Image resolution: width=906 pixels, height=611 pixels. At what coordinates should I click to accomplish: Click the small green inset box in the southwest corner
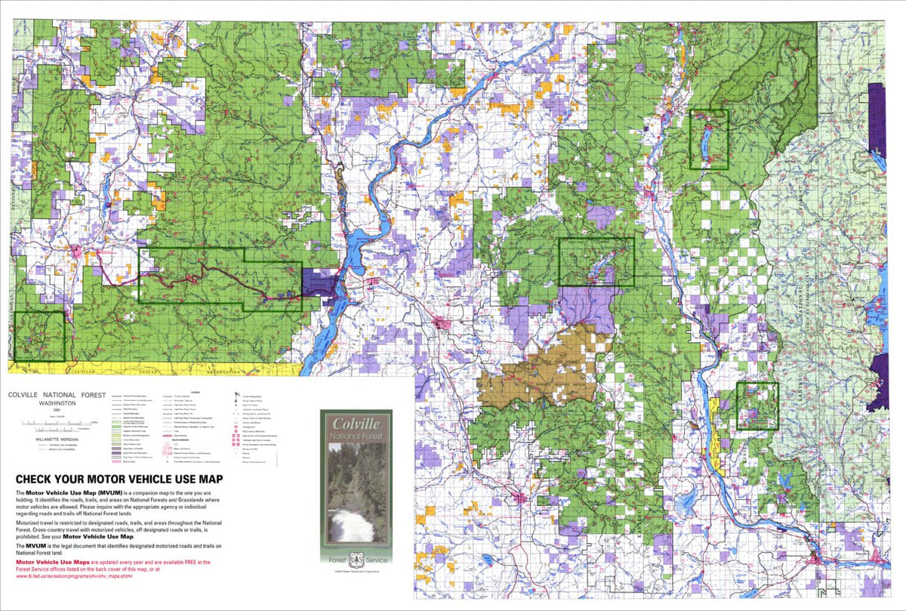[39, 336]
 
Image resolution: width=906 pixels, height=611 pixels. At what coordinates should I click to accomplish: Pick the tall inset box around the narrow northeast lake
[708, 140]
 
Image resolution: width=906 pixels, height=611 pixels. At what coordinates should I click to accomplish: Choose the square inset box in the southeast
[757, 406]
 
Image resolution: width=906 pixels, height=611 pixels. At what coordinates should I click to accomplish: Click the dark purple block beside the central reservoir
[319, 284]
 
